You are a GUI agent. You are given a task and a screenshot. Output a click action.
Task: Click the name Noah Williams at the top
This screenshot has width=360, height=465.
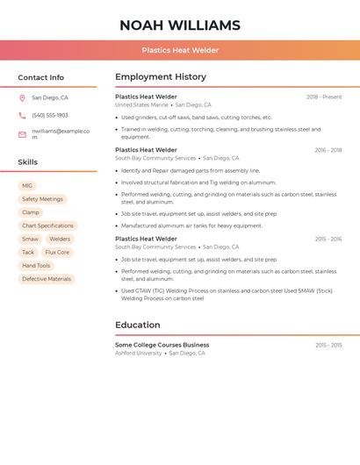click(x=180, y=25)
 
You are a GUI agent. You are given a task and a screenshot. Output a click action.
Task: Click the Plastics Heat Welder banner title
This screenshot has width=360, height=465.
click(x=180, y=50)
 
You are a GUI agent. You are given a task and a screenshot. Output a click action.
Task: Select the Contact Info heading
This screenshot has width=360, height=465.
click(x=41, y=77)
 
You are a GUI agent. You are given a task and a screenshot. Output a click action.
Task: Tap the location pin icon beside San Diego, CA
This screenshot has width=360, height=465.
click(x=22, y=98)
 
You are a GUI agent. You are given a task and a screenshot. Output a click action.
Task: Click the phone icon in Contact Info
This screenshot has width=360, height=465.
click(x=22, y=116)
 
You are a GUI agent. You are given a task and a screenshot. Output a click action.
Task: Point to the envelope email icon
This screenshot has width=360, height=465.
click(x=22, y=134)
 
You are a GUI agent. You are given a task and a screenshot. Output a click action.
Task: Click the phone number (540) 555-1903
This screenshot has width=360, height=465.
click(x=50, y=116)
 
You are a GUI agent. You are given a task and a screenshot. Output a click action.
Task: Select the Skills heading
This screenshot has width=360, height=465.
click(x=28, y=162)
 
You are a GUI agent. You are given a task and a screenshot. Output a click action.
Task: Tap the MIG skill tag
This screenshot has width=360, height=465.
click(x=27, y=186)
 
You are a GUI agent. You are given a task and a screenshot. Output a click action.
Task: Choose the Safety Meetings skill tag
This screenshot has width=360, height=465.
click(x=42, y=199)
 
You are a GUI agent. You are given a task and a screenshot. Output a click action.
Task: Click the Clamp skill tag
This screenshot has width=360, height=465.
click(x=31, y=212)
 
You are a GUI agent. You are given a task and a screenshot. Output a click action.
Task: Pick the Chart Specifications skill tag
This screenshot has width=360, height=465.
click(x=48, y=225)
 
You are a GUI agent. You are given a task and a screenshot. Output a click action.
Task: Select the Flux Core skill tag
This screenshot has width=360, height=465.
click(x=57, y=252)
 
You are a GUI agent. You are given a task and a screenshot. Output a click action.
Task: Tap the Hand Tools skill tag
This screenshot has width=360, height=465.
click(x=36, y=266)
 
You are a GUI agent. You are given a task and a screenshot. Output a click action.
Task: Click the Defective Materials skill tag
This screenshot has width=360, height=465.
click(x=47, y=279)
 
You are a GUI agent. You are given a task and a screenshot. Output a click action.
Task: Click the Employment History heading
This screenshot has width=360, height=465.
click(x=161, y=77)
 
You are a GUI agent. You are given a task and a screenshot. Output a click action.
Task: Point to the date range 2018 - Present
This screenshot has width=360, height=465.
click(x=324, y=97)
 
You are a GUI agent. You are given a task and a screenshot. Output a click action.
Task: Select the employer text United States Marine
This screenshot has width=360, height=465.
click(x=141, y=105)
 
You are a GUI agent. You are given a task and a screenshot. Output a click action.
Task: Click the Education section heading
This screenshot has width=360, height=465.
click(x=138, y=325)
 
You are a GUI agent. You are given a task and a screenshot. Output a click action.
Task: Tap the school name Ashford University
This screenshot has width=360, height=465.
click(x=139, y=353)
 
